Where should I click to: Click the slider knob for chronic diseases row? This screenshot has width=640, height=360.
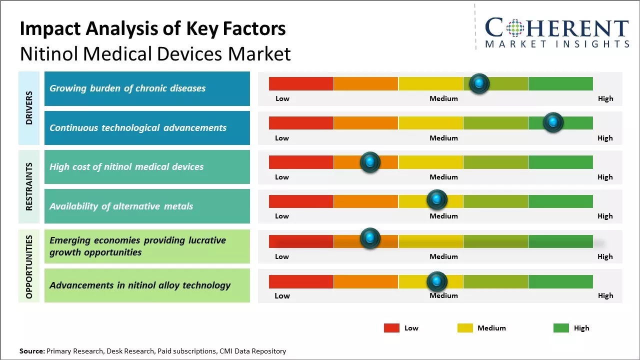tap(479, 83)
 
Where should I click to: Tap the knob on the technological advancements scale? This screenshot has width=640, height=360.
tap(553, 122)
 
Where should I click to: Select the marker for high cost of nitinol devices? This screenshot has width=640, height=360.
tap(370, 162)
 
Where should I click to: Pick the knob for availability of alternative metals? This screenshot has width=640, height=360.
tap(437, 200)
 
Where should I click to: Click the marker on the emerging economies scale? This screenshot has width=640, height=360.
tap(370, 238)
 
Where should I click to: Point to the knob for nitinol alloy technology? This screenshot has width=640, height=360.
tap(437, 281)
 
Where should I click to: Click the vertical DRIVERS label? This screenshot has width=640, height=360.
tap(29, 107)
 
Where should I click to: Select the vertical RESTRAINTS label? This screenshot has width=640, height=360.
tap(29, 186)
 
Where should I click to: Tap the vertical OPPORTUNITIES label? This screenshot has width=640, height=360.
tap(29, 266)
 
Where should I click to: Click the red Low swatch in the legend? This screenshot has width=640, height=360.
tap(391, 328)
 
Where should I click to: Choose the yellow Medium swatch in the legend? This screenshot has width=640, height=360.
tap(465, 328)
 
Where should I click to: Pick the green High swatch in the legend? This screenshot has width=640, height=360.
tap(561, 328)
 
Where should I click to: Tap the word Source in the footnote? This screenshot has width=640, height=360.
tap(31, 351)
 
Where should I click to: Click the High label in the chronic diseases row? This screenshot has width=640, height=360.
tap(605, 98)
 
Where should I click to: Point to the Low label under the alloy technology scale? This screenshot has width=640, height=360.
tap(282, 295)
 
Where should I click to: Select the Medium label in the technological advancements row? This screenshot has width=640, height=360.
tap(443, 138)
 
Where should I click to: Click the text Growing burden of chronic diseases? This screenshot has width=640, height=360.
tap(127, 88)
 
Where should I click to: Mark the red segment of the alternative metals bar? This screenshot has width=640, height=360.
tap(301, 201)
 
